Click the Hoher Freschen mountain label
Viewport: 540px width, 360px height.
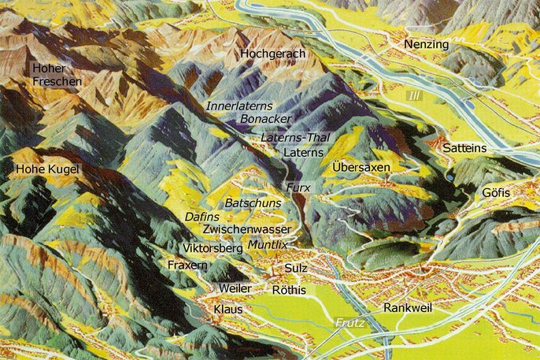57,75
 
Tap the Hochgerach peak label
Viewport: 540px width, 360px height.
273,54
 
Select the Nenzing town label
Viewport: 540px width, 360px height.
426,45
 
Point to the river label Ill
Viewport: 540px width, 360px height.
414,95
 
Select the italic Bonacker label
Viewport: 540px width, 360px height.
264,118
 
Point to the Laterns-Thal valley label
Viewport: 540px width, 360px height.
294,138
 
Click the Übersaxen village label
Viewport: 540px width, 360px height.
361,168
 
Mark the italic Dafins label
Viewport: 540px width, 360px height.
202,216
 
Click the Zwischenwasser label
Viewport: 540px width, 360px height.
246,229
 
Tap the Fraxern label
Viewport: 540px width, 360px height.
187,266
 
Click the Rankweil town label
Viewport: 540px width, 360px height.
408,307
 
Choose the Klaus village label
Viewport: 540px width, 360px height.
228,310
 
